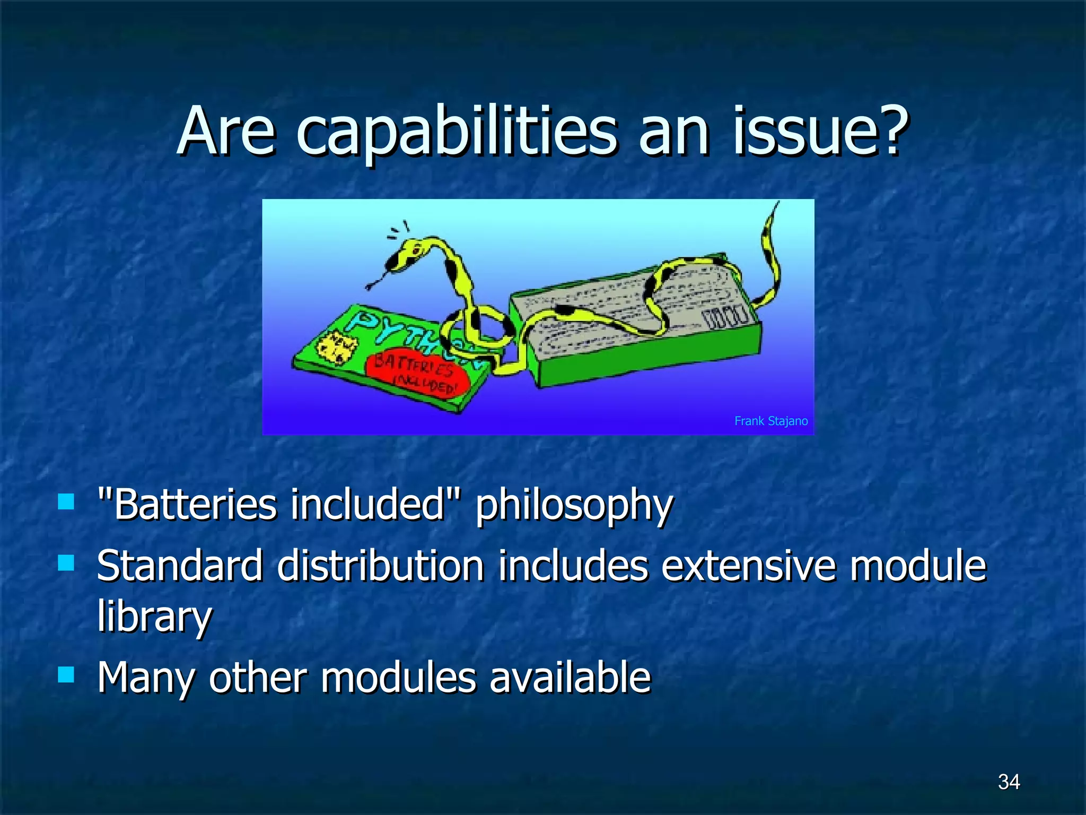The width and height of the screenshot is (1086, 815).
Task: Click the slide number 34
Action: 1009,782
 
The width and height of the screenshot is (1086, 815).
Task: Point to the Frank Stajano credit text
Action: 770,421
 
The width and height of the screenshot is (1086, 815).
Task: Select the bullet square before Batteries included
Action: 66,501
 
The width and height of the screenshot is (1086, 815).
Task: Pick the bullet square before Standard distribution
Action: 66,562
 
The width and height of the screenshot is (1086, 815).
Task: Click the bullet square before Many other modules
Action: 66,675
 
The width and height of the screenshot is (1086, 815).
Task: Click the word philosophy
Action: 574,505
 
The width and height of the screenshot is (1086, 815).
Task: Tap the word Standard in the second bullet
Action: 179,566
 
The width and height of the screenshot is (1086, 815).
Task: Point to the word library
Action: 154,617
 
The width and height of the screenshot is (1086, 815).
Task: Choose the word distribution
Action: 380,566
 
